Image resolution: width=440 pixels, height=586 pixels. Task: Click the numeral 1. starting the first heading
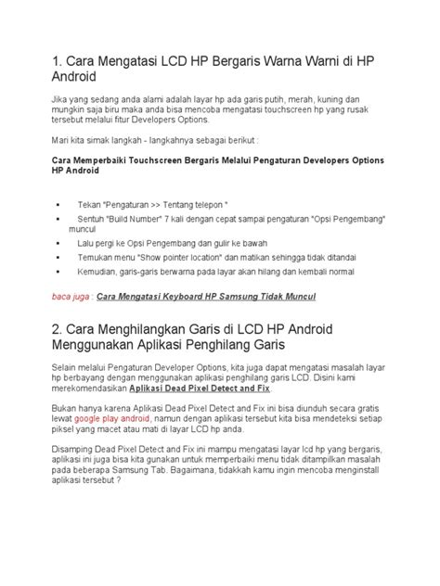pyautogui.click(x=58, y=60)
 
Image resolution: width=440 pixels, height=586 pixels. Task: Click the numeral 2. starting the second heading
pyautogui.click(x=58, y=331)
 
